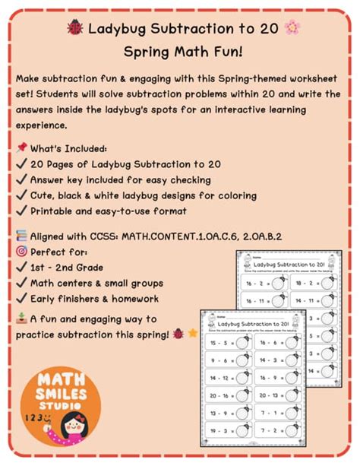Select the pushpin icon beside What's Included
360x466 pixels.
(20, 147)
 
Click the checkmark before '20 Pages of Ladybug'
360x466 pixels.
(20, 163)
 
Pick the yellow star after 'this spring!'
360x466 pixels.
(192, 333)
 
